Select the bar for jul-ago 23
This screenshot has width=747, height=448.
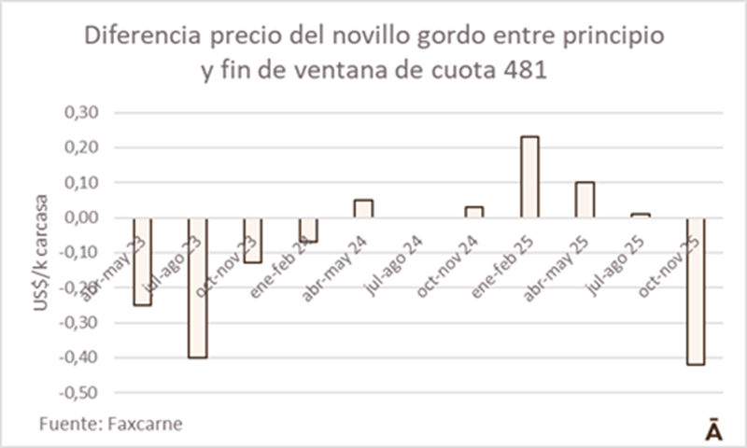pos(197,287)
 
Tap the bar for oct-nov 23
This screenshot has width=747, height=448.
pos(252,240)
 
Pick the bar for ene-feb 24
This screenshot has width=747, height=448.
pos(308,230)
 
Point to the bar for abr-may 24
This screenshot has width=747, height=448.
pos(363,208)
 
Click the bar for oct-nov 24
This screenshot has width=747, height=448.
pos(474,212)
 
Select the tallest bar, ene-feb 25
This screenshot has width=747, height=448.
pos(529,177)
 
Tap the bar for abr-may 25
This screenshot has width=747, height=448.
pos(585,200)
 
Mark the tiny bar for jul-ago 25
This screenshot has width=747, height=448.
pos(640,216)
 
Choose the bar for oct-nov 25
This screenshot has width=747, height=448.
pos(696,290)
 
